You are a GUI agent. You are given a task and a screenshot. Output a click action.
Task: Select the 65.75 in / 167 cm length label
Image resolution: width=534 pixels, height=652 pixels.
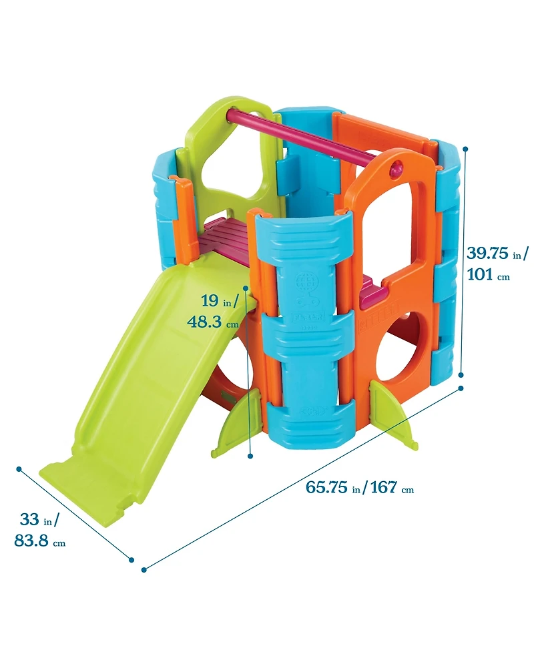point(360,487)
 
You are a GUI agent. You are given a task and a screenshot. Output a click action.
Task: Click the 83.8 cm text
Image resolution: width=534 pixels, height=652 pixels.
point(39,541)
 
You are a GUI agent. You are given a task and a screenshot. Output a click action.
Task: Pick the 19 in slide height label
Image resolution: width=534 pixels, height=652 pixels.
point(218,302)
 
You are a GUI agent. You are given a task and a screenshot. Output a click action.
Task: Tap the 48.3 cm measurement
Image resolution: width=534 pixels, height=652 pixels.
point(212,322)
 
